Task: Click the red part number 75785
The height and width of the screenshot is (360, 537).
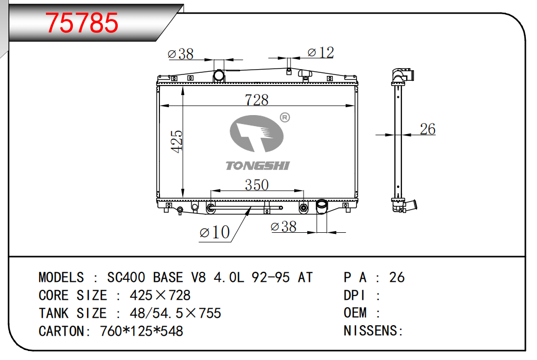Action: point(81,23)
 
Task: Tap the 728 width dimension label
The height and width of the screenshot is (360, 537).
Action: point(257,100)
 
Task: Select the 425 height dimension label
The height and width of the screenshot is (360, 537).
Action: point(177,141)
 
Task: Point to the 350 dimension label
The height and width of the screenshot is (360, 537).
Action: point(257,185)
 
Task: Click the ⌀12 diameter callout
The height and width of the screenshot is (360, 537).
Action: point(321,52)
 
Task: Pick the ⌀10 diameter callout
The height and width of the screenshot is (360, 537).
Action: point(214,232)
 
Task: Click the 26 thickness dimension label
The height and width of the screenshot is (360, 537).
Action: point(427,129)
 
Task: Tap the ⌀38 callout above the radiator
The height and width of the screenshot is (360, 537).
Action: point(181,54)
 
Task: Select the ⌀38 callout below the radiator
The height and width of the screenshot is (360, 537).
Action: point(283,226)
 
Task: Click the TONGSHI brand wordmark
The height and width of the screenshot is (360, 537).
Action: point(258,166)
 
